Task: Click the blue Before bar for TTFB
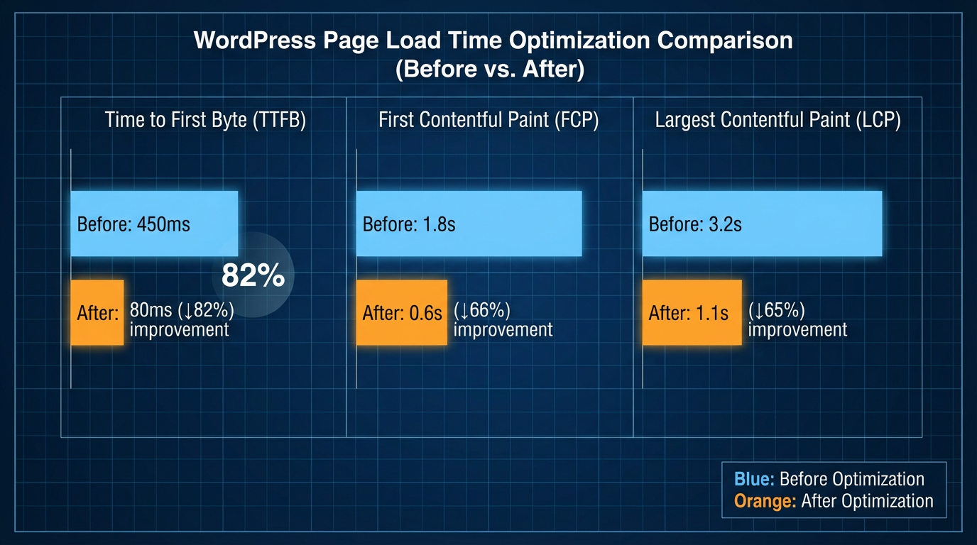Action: [154, 223]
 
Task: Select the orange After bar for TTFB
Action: [97, 312]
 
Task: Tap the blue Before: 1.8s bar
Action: [469, 223]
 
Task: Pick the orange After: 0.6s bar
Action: [402, 312]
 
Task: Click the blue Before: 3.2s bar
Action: [762, 223]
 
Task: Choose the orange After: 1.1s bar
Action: [692, 312]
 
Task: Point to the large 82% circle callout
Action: [253, 275]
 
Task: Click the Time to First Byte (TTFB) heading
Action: [205, 120]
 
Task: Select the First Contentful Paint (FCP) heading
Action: [488, 120]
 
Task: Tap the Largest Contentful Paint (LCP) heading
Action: [777, 120]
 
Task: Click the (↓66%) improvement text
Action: [503, 320]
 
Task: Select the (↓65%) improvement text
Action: [797, 320]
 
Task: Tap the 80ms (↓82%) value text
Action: [182, 310]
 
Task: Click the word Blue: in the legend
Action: [754, 479]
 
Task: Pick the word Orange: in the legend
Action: [765, 501]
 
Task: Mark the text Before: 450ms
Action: [133, 224]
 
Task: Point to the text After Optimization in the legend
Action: [867, 501]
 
